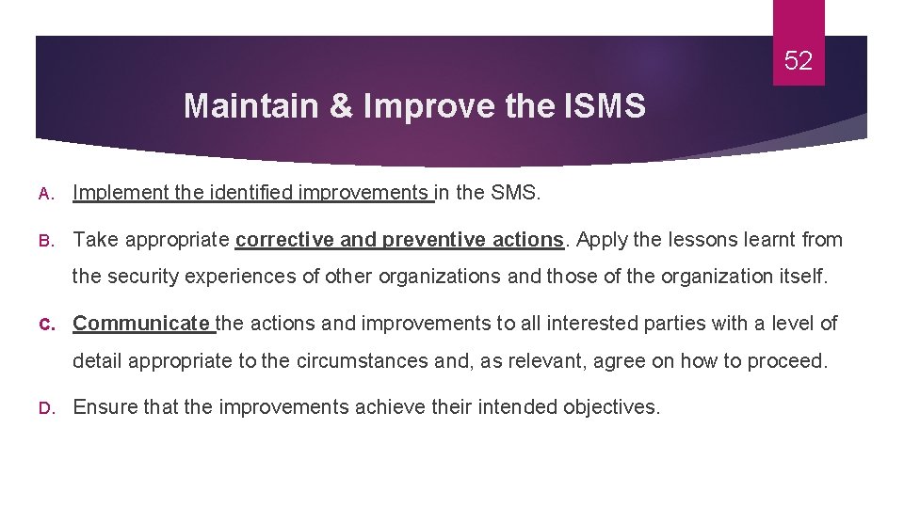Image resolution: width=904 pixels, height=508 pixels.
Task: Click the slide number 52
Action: tap(799, 62)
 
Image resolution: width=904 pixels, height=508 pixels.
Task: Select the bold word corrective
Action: tap(284, 239)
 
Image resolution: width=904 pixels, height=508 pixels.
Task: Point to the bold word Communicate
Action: tap(143, 324)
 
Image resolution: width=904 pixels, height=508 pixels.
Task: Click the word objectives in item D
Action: tap(611, 406)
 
